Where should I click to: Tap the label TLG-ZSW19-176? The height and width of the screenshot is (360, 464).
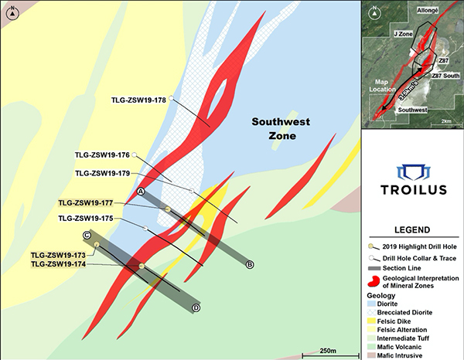click(103, 155)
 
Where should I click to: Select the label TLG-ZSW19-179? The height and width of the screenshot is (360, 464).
click(103, 172)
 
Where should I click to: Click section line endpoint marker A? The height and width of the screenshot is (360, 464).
click(142, 191)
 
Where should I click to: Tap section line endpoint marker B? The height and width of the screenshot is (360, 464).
click(250, 265)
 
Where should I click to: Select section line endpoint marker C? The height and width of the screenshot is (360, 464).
click(87, 236)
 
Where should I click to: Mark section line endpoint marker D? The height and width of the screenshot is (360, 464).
click(196, 308)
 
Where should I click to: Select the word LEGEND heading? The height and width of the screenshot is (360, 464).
click(412, 230)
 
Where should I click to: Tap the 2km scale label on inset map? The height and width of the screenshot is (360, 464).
click(446, 122)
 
